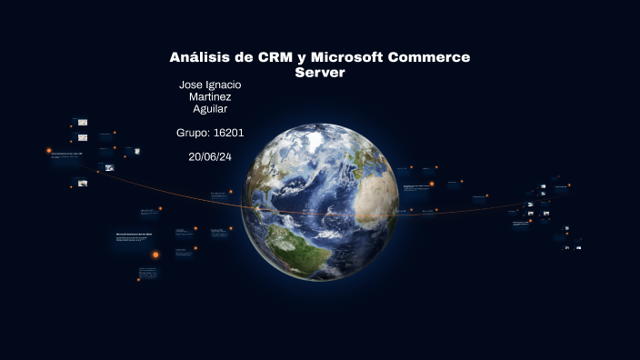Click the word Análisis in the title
click(199, 57)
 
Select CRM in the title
click(275, 57)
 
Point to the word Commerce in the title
click(429, 57)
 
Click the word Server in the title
click(320, 72)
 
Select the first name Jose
click(193, 85)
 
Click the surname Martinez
click(210, 97)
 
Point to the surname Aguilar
click(210, 109)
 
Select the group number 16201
click(228, 133)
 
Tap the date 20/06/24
click(210, 156)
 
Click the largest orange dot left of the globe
click(155, 255)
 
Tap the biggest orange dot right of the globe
click(432, 185)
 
